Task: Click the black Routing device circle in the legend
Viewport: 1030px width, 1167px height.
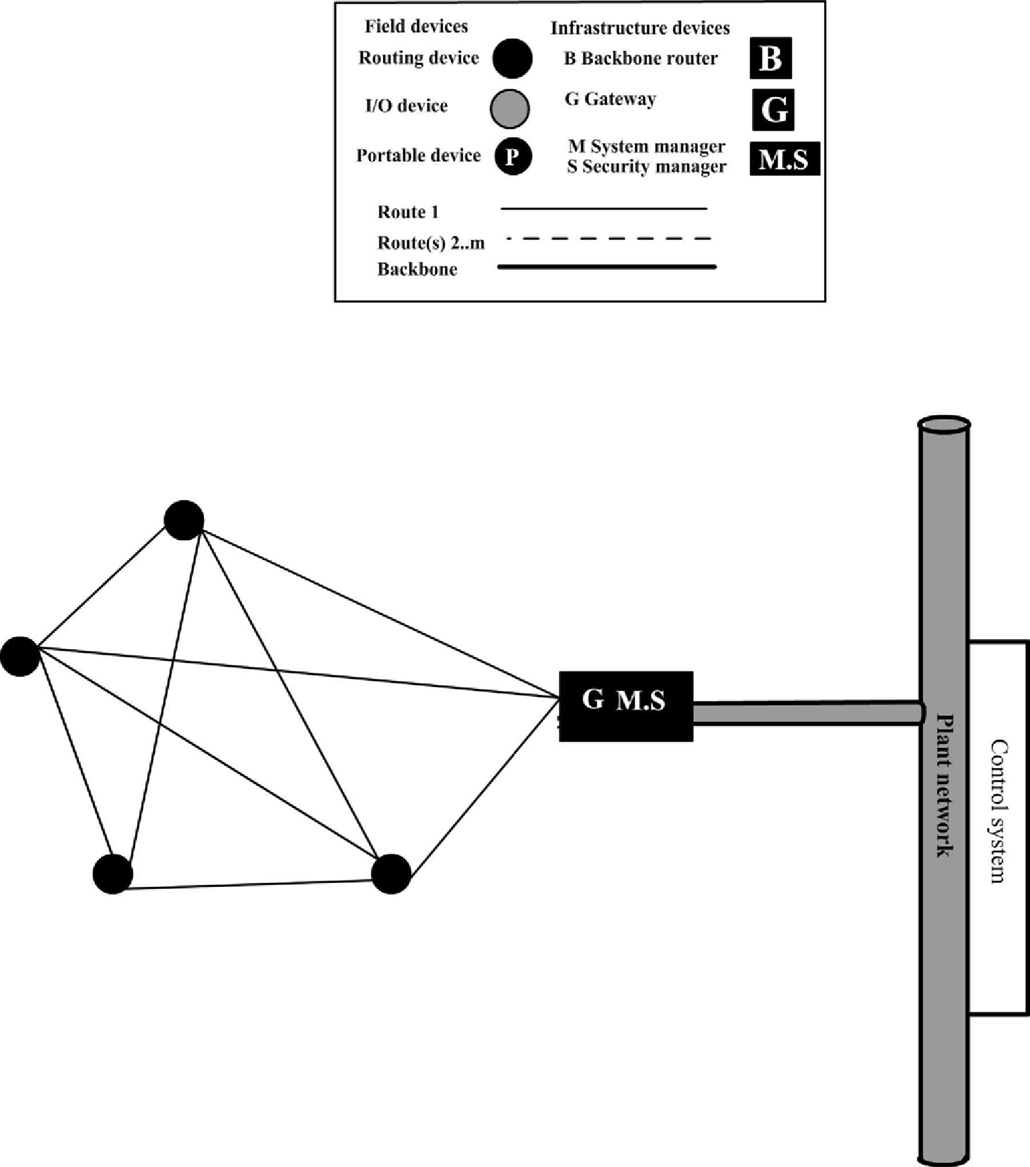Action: [513, 58]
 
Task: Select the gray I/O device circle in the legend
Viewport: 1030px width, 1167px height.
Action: [510, 108]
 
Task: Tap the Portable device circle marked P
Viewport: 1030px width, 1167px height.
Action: [513, 156]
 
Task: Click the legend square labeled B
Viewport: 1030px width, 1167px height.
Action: [770, 58]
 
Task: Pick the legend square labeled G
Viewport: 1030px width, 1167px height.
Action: [773, 109]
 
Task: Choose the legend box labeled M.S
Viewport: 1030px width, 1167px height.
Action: [784, 160]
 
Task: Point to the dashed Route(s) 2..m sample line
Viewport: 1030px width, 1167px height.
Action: [608, 238]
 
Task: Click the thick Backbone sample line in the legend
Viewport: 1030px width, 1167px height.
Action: [607, 267]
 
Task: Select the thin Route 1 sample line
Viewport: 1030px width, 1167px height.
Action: [604, 209]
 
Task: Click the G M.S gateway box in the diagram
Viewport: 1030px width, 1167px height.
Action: [625, 706]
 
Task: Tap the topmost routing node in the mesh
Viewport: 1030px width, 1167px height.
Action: [184, 520]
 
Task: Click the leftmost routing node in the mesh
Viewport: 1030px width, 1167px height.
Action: [20, 656]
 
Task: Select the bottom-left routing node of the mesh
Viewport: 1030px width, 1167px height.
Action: [113, 874]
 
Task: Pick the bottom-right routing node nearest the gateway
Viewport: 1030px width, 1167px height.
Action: [391, 874]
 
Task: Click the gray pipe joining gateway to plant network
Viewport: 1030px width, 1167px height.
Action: [805, 712]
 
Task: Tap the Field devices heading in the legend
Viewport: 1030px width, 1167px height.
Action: [416, 26]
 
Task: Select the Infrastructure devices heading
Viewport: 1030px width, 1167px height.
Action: [639, 28]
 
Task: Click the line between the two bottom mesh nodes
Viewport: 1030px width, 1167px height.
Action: [252, 884]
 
